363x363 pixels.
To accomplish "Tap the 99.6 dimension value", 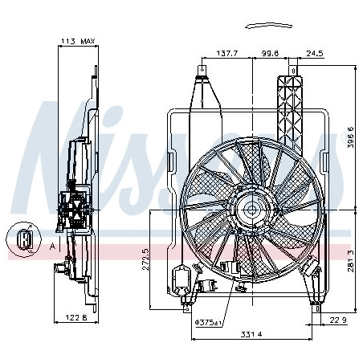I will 269,54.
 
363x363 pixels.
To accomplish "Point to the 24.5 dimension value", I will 314,54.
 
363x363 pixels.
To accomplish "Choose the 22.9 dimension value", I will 339,321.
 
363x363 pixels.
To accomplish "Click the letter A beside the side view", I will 53,247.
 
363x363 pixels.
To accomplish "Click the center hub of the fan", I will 251,210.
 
